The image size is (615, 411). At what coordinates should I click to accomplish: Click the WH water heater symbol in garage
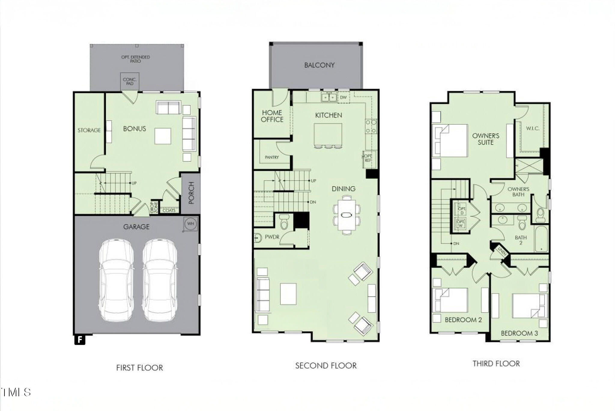(190, 224)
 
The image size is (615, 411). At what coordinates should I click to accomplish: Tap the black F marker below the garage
(80, 340)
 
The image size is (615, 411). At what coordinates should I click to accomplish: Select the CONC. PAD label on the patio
(130, 81)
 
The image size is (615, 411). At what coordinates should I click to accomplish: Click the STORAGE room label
(89, 130)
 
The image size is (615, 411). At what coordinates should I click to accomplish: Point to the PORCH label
(191, 193)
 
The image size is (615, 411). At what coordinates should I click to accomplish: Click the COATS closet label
(169, 211)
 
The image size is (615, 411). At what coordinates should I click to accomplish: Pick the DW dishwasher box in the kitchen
(344, 98)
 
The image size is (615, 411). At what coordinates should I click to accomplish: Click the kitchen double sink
(329, 97)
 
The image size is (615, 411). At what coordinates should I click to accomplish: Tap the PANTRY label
(272, 157)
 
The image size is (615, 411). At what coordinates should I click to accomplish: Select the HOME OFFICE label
(272, 116)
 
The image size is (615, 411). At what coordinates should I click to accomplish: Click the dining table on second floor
(347, 215)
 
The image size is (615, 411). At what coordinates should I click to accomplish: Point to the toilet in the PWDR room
(284, 222)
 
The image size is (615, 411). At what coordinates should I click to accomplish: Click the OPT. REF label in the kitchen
(368, 158)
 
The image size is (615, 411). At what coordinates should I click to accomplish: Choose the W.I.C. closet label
(533, 129)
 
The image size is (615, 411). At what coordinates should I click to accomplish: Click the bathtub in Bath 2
(541, 239)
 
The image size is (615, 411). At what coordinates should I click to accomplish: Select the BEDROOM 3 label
(519, 333)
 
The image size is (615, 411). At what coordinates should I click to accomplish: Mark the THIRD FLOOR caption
(496, 364)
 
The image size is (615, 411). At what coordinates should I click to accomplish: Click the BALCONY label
(319, 65)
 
